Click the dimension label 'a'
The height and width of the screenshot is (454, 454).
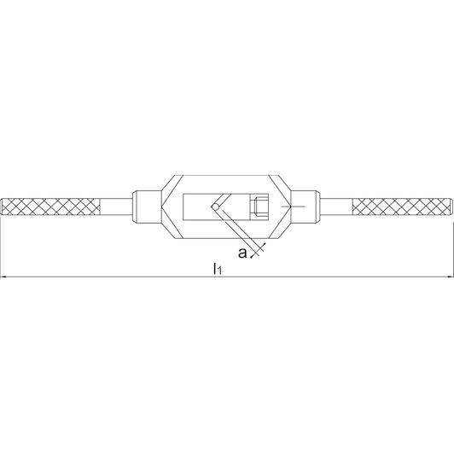point(242,253)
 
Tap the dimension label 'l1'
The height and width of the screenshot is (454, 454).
point(218,269)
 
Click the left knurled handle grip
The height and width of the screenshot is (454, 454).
point(51,207)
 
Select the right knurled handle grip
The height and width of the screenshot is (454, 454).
point(401,207)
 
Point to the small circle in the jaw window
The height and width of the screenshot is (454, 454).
point(215,207)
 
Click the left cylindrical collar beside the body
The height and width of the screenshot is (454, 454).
point(147,207)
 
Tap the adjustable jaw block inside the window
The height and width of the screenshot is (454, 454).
point(259,207)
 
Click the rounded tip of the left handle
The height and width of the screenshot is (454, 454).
point(2,207)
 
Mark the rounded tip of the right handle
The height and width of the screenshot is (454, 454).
point(451,207)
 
